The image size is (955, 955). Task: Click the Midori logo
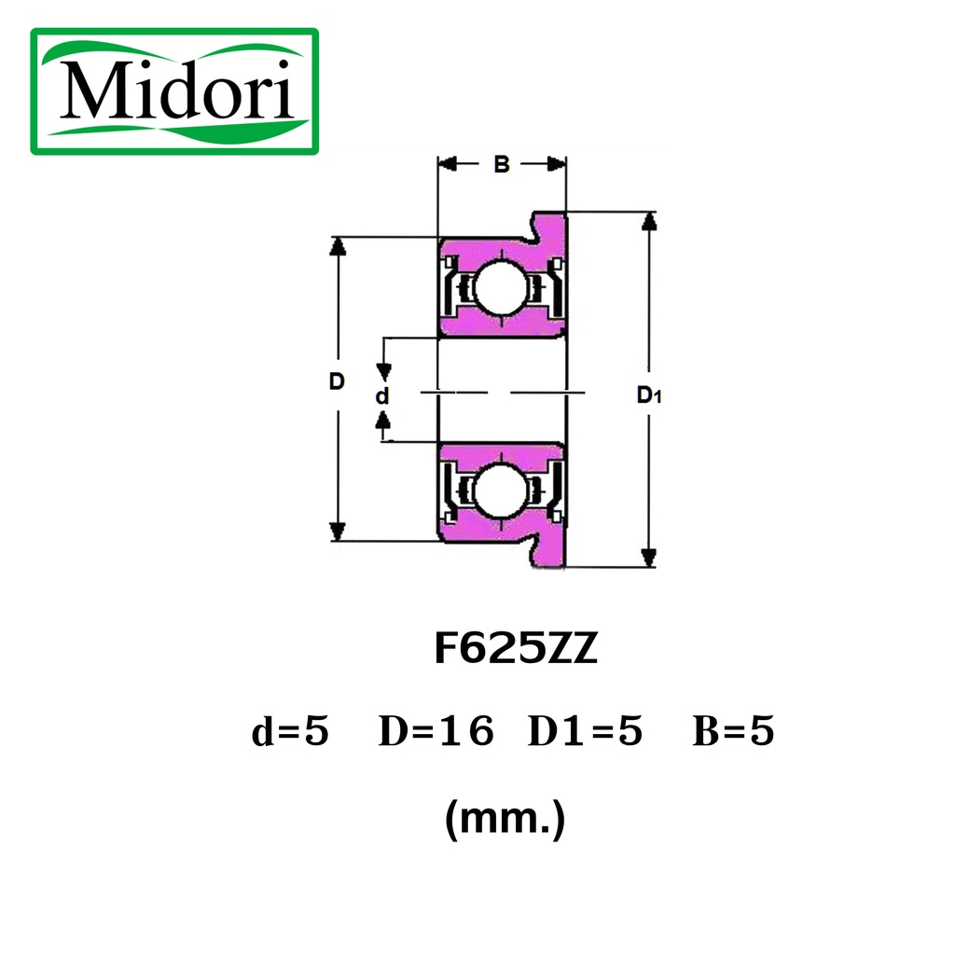174,91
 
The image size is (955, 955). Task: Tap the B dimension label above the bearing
501,164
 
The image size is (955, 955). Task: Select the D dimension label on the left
337,381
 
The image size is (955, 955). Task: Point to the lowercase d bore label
381,395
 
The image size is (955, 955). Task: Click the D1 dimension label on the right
649,394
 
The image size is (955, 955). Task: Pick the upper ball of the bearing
500,287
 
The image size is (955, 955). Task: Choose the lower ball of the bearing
500,491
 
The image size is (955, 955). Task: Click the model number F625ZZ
516,648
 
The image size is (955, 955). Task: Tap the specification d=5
290,731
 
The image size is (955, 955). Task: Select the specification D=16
436,731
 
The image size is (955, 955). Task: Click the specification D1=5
585,731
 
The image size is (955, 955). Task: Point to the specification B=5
733,731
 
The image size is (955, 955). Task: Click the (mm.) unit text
505,819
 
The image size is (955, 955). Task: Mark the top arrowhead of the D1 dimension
649,220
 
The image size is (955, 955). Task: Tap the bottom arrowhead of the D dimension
338,532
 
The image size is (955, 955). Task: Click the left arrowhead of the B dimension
448,164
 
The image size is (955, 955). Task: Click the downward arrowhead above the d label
383,372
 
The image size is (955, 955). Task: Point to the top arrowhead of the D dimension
338,246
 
